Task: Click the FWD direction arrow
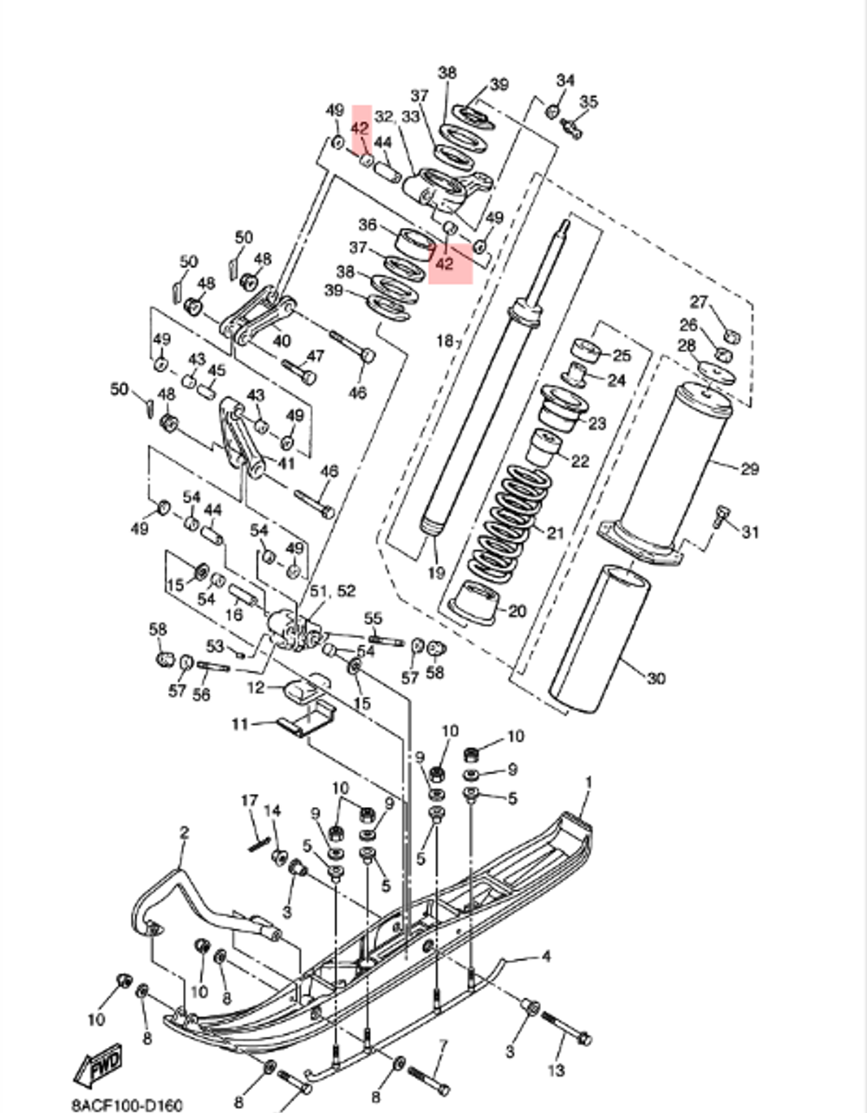pos(97,1065)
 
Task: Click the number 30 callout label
pos(655,677)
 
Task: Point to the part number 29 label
pos(749,469)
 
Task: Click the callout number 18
pos(444,342)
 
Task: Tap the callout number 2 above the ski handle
pos(184,833)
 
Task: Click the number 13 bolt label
pos(556,1071)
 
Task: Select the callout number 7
pos(442,1045)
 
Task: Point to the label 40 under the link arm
pos(282,341)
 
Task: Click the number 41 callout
pos(285,464)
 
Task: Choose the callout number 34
pos(565,81)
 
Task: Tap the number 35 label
pos(589,102)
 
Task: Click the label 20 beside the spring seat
pos(516,611)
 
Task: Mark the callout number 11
pos(238,723)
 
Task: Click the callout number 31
pos(749,531)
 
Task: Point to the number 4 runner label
pos(545,957)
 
